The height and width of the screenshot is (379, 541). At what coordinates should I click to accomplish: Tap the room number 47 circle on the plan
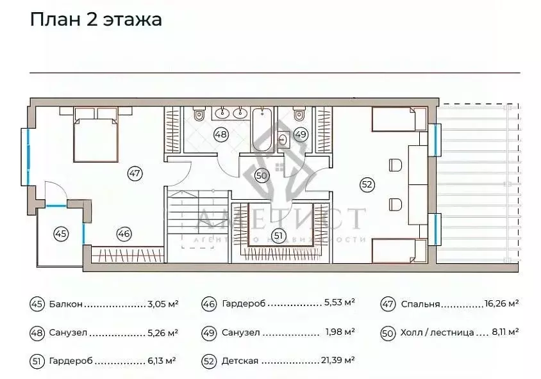134,172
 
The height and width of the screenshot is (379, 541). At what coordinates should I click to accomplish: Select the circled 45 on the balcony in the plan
60,234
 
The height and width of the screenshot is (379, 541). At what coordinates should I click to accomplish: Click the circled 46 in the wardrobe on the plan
124,234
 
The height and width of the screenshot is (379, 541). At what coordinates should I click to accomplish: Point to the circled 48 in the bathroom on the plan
221,135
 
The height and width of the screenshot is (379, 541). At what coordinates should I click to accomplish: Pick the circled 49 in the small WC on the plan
301,134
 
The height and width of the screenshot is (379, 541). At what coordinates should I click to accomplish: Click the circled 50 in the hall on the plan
261,175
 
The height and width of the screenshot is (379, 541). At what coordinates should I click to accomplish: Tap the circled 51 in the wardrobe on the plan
278,235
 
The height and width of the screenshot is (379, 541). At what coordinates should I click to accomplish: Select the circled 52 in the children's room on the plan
367,184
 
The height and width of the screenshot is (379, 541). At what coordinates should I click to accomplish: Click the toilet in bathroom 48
199,116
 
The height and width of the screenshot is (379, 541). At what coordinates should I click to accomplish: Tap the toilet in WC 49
298,115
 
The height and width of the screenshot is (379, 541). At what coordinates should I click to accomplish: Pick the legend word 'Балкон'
65,305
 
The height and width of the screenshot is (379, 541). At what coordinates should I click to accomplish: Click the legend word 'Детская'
240,361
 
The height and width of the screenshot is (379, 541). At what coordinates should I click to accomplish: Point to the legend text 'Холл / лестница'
436,333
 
